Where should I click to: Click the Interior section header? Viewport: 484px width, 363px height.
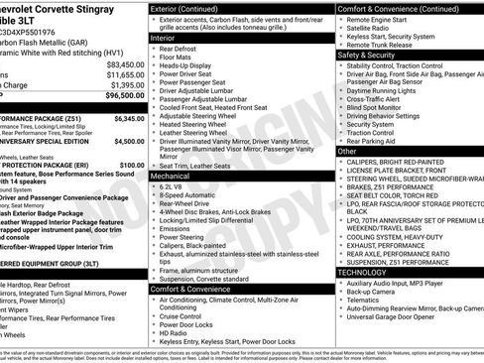point(165,37)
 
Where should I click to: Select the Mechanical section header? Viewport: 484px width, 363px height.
point(172,175)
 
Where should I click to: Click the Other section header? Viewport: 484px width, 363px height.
point(346,152)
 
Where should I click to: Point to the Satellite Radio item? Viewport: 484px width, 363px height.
point(376,27)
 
